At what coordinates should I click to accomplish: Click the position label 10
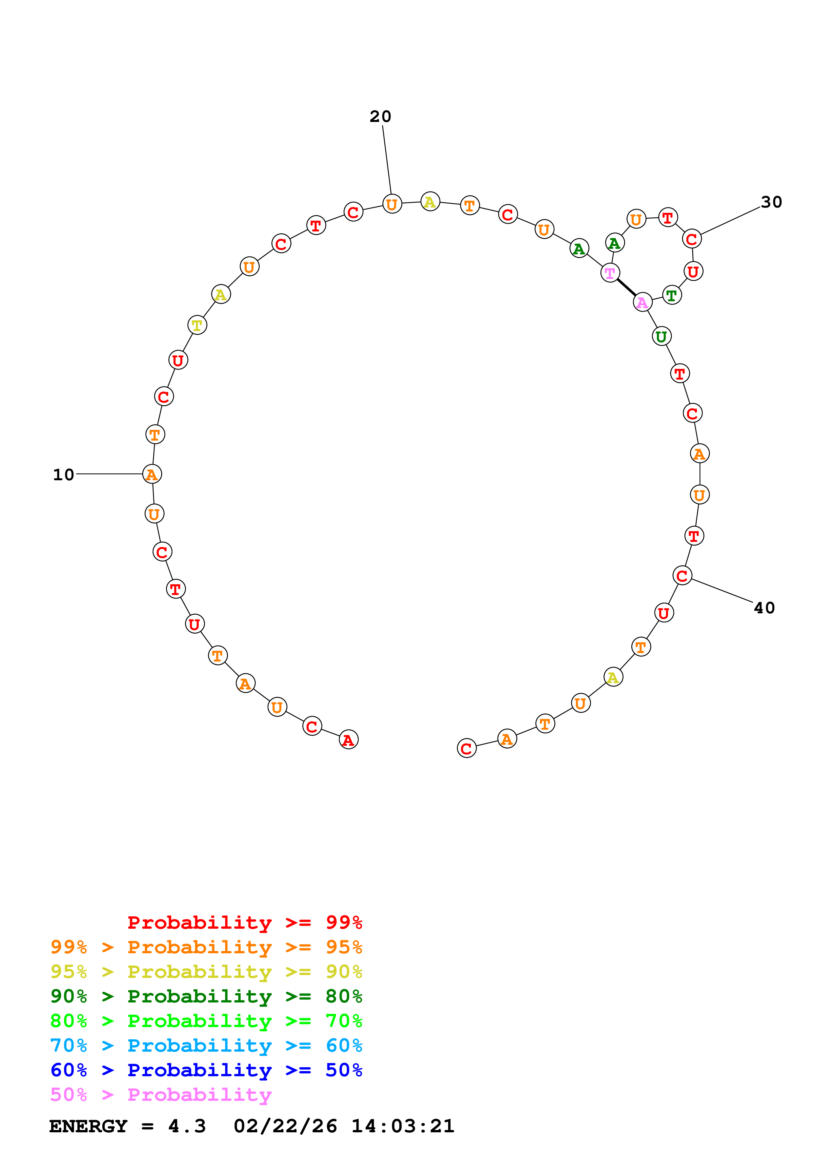(x=64, y=474)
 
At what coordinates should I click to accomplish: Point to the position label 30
(x=771, y=202)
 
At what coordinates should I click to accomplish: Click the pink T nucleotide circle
(x=610, y=273)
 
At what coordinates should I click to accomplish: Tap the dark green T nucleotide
(x=672, y=295)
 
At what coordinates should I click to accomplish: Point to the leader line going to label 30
(x=730, y=221)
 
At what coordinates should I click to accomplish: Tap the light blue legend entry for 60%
(x=206, y=1046)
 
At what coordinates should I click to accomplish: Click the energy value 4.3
(x=187, y=1126)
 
